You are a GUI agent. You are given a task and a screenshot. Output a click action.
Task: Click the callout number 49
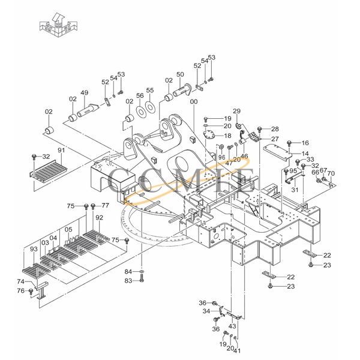[85, 93]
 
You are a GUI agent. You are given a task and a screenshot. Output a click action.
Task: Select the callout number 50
[179, 74]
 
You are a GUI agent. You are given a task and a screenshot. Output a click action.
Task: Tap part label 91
[61, 150]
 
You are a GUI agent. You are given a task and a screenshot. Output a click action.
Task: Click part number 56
[140, 96]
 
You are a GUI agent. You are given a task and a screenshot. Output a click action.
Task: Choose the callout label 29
[236, 112]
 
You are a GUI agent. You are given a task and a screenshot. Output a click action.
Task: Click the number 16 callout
[305, 143]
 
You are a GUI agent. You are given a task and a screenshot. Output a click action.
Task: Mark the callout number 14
[305, 154]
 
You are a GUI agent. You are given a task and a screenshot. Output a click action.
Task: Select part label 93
[34, 249]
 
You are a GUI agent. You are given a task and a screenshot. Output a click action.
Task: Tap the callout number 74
[20, 281]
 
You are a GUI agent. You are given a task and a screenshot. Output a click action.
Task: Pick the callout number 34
[206, 311]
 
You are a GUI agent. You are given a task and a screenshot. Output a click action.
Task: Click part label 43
[232, 326]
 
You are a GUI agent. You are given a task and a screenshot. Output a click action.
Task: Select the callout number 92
[99, 217]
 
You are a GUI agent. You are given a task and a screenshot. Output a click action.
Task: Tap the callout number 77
[106, 206]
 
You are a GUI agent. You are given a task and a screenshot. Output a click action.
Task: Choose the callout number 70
[331, 174]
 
